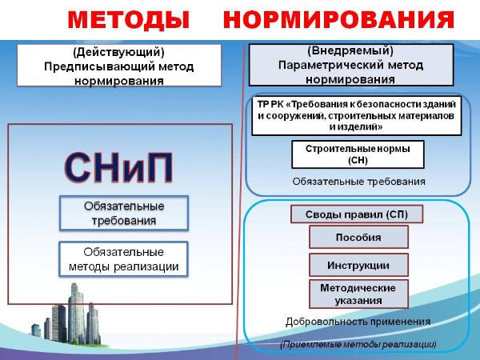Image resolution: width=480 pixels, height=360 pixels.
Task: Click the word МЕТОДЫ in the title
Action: (129, 19)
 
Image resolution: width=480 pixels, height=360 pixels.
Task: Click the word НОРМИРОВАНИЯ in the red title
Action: (338, 19)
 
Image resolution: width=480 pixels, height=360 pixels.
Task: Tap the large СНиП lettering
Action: (118, 167)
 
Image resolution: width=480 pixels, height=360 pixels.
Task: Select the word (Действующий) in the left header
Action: (118, 52)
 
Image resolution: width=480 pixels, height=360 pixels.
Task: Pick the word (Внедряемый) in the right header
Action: (350, 50)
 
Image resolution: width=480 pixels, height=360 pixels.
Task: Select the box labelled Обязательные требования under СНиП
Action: (124, 213)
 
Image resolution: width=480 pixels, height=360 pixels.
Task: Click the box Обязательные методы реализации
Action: (123, 259)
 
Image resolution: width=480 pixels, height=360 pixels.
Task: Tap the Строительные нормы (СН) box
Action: (358, 154)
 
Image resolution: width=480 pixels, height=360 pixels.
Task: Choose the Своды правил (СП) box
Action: (357, 214)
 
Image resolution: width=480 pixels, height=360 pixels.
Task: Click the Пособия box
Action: (358, 237)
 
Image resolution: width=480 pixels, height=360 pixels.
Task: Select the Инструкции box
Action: (358, 265)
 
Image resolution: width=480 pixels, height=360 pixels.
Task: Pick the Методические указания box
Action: (358, 294)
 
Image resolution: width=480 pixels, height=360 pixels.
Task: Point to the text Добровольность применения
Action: (358, 322)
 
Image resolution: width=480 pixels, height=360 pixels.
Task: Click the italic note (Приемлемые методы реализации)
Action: (358, 344)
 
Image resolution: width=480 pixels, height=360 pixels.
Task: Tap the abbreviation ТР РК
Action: (270, 104)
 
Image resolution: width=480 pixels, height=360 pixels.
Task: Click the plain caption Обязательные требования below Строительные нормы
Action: (358, 182)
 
